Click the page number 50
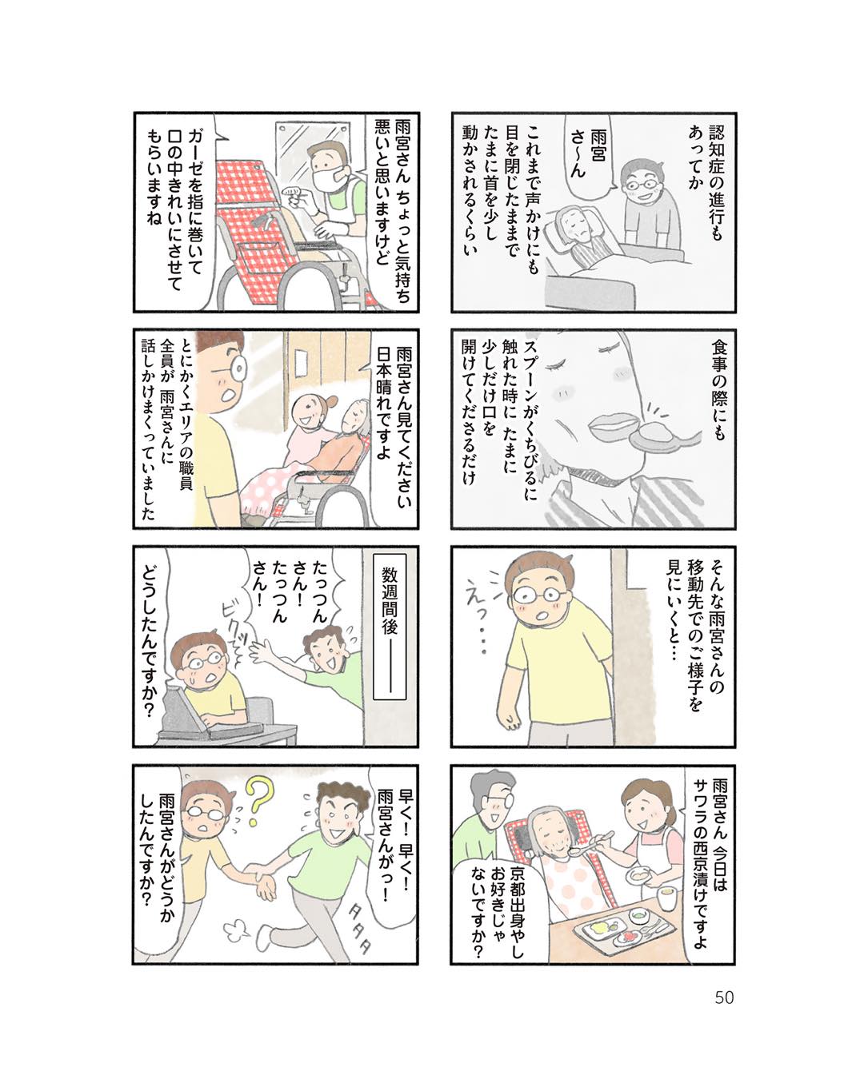pyautogui.click(x=723, y=997)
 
